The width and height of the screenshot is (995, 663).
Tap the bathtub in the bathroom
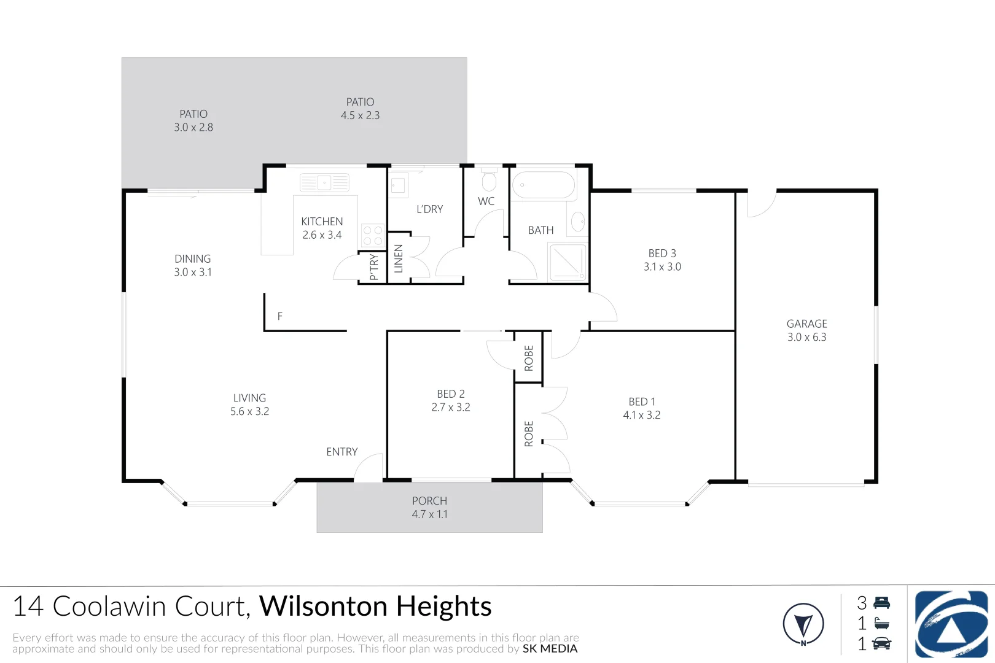544,184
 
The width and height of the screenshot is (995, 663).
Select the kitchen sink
324,182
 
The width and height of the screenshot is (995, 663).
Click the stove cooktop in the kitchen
373,235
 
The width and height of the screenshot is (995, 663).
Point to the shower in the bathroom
568,262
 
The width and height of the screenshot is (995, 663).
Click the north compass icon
803,624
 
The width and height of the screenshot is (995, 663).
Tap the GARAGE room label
806,324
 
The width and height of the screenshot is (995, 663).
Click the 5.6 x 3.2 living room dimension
249,411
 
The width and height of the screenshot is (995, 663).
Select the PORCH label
429,501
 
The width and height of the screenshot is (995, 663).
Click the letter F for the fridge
280,316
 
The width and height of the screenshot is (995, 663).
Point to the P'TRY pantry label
373,267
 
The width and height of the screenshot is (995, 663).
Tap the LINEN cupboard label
399,258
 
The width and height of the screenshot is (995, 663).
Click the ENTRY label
342,452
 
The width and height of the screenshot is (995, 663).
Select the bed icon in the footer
882,603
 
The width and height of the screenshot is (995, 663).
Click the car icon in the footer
882,643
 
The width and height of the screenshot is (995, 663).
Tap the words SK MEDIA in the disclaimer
550,649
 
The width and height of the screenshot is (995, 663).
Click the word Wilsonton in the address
325,606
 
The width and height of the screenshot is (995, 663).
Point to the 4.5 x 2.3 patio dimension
361,115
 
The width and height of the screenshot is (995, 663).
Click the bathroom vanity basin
578,222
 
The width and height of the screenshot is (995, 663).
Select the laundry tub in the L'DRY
398,186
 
